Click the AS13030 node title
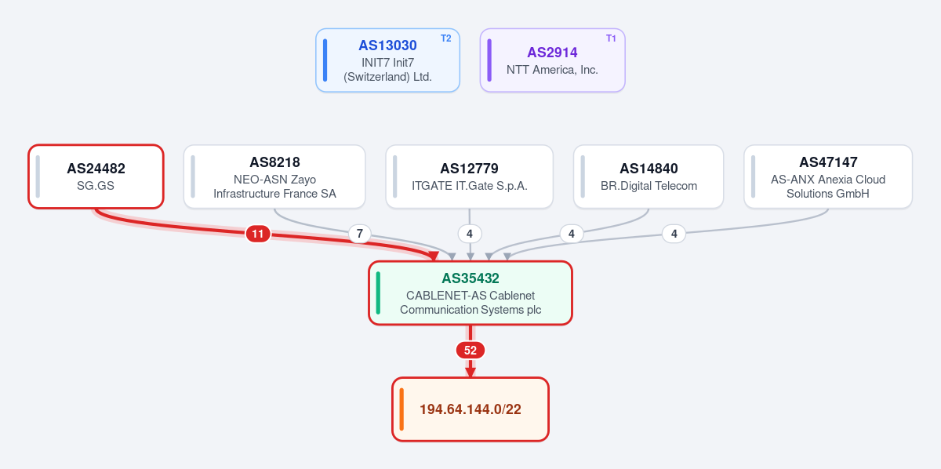[x=387, y=45]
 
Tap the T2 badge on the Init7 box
[x=445, y=38]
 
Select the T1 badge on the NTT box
[x=611, y=38]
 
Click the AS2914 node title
[x=552, y=53]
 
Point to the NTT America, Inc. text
[x=552, y=70]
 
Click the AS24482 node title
[x=96, y=169]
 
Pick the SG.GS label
[x=96, y=186]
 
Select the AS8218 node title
[x=274, y=162]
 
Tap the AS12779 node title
[x=469, y=169]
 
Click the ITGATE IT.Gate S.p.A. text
[x=469, y=186]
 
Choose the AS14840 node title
[x=649, y=169]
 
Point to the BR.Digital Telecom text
[x=649, y=186]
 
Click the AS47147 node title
[x=828, y=162]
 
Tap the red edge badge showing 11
[x=258, y=234]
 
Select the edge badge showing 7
[x=360, y=234]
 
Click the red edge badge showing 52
[x=470, y=350]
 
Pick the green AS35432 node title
[x=470, y=278]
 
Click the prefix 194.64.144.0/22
[x=470, y=409]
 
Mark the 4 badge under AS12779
[x=470, y=234]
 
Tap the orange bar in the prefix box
[x=401, y=409]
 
